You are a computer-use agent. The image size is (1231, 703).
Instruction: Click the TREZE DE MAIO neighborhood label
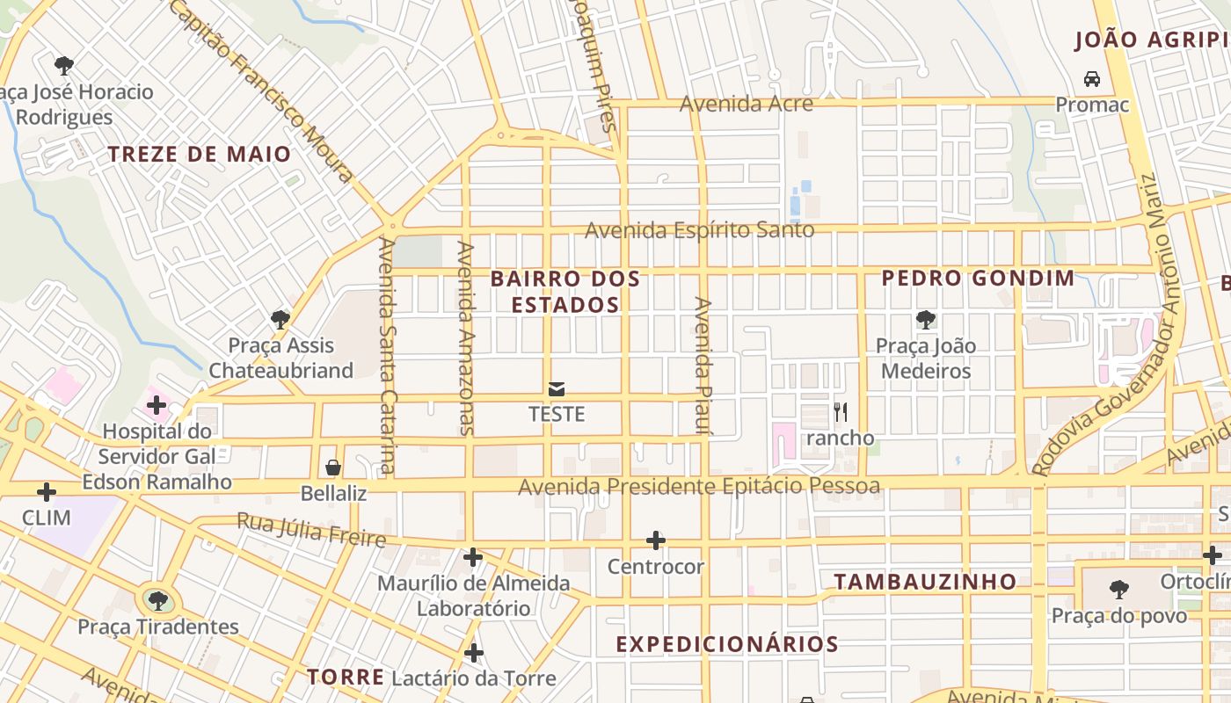coord(199,155)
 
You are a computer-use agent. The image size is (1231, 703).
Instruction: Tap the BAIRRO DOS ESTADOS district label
coord(565,292)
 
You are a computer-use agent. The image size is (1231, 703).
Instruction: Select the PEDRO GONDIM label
coord(978,279)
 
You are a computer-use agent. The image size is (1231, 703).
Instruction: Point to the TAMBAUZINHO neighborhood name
coord(925,582)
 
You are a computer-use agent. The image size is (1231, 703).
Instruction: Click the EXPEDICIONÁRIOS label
coord(727,644)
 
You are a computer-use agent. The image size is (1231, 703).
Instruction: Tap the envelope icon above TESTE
coord(557,388)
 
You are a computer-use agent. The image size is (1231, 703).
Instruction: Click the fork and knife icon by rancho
coord(841,411)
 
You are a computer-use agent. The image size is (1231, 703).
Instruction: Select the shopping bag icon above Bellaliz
coord(333,467)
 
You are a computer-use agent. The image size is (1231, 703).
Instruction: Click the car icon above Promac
coord(1092,79)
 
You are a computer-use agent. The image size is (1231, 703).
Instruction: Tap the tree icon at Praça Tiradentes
coord(158,601)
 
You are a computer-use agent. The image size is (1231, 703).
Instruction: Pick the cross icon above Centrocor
coord(655,540)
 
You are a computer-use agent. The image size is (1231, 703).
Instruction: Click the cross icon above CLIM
coord(47,492)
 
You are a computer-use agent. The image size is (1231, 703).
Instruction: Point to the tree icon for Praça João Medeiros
coord(925,320)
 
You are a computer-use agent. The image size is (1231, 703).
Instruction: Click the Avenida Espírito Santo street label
coord(699,230)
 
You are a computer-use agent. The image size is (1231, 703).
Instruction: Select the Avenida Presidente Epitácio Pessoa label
coord(699,486)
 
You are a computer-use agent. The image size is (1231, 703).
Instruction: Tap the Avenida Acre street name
coord(746,104)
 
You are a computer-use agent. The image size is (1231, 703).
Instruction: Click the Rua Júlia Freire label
coord(311,530)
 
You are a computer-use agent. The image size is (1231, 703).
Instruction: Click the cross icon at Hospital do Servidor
coord(157,405)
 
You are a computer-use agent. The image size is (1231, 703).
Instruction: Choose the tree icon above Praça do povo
coord(1119,589)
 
